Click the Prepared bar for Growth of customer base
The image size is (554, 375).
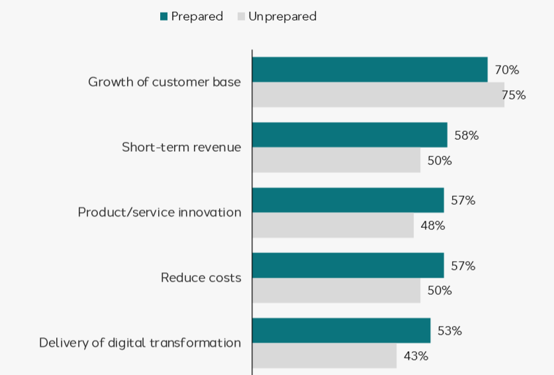pos(369,70)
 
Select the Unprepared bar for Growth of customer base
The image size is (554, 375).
pos(378,95)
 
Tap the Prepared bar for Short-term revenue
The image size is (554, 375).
pos(349,135)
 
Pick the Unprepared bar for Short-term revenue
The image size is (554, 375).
pos(336,160)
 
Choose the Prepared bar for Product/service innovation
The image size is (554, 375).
pos(347,200)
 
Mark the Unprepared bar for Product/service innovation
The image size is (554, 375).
pos(333,225)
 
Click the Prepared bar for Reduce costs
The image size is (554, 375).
pos(347,265)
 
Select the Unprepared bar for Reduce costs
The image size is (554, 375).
pos(336,290)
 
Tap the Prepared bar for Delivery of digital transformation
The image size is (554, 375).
pos(341,330)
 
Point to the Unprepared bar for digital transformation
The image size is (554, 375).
pos(324,355)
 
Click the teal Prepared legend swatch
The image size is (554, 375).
pos(164,17)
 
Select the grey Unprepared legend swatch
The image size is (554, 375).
pos(241,17)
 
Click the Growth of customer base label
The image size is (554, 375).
pos(164,82)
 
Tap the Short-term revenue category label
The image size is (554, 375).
pos(181,147)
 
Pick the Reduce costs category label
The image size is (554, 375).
pos(201,278)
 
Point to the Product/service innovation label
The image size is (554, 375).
pos(160,213)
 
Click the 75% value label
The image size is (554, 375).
pos(514,95)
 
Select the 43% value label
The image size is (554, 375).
pos(416,356)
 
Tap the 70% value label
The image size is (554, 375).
pos(507,70)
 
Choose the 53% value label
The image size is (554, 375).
pos(449,331)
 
